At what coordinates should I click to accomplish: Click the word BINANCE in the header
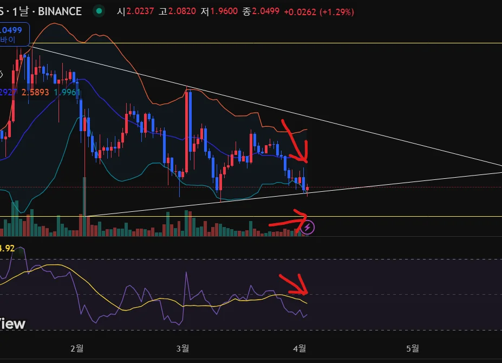point(60,11)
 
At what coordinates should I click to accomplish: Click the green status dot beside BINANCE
point(98,11)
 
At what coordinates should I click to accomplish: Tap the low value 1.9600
point(223,11)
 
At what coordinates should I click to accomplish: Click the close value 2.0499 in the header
point(264,11)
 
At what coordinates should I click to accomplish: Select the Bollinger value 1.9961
point(68,93)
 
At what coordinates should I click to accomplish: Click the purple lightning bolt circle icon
point(308,228)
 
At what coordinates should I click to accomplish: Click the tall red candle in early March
point(186,130)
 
